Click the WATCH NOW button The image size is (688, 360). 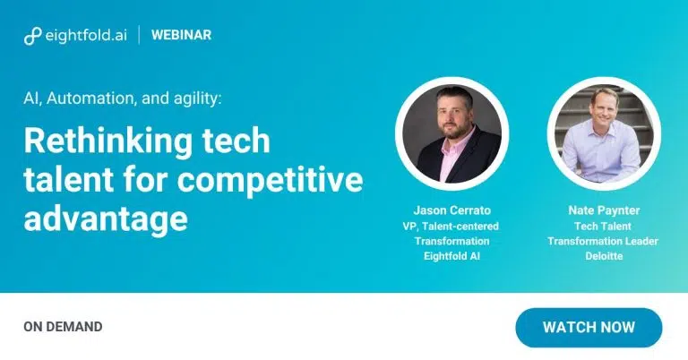tap(589, 328)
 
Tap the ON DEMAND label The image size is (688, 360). tap(64, 327)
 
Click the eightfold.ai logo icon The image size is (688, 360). tap(32, 36)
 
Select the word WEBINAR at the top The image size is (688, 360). tap(181, 35)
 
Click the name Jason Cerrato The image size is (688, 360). tap(451, 210)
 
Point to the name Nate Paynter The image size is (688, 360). tap(604, 210)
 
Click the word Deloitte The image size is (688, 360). tap(604, 256)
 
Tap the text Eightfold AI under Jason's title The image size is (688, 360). tap(451, 256)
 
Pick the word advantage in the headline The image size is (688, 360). tap(106, 219)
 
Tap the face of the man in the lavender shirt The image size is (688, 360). tap(604, 106)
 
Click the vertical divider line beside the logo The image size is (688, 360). tap(140, 35)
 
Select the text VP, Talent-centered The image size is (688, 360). tap(451, 227)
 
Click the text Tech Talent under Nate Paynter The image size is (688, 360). tap(603, 227)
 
